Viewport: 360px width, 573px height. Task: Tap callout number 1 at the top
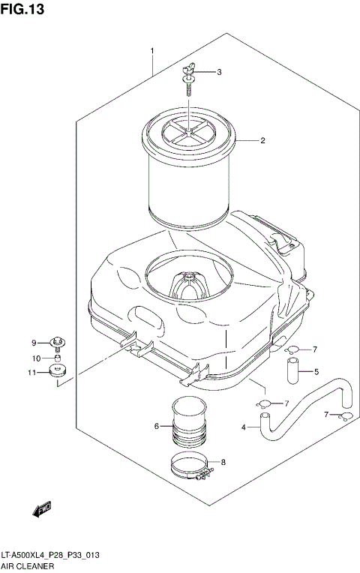click(x=152, y=51)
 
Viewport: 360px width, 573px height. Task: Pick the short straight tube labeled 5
click(x=291, y=368)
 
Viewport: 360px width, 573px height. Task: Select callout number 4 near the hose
click(x=244, y=427)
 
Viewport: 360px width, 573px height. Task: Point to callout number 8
click(x=223, y=462)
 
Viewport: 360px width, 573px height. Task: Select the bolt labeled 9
click(x=57, y=343)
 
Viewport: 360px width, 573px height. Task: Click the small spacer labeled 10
click(x=57, y=358)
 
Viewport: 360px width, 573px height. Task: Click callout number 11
click(x=32, y=372)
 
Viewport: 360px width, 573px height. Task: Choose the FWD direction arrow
click(x=41, y=511)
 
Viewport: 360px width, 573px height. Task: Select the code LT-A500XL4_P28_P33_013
click(x=51, y=555)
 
